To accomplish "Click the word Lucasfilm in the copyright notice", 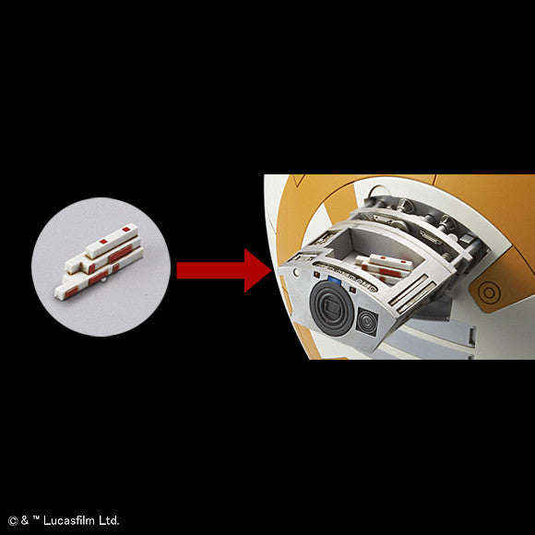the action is [x=70, y=520].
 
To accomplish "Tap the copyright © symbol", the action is [x=13, y=521].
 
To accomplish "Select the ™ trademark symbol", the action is [x=36, y=518].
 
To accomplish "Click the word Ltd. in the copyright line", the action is [x=109, y=520].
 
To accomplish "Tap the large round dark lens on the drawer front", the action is [x=331, y=308].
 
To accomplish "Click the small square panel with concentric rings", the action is [x=367, y=320].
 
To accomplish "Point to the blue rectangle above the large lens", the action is [x=334, y=280].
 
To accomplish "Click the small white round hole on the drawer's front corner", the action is [x=296, y=272].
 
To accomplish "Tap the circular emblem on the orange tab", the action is [x=489, y=292].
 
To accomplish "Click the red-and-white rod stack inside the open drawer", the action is [x=383, y=267].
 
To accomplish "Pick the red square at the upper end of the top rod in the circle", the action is [x=125, y=229].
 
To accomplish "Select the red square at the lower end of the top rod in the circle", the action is [x=103, y=242].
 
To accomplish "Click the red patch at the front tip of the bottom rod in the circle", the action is [x=72, y=291].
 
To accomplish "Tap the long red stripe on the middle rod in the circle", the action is [x=120, y=254].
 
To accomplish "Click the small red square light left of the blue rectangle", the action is [x=317, y=274].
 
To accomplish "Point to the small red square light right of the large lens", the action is [x=352, y=290].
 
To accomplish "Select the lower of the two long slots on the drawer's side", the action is [x=417, y=298].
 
